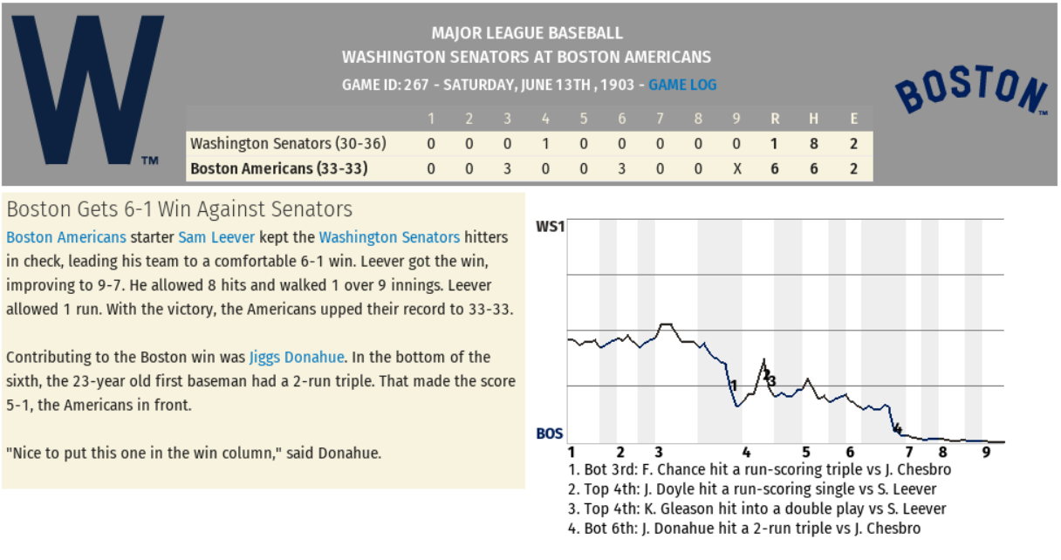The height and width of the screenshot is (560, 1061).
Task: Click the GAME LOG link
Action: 682,85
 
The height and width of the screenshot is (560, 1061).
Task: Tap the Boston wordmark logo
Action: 971,89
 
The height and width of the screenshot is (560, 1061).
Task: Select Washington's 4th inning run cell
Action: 545,144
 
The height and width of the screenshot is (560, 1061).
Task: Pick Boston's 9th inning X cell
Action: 737,168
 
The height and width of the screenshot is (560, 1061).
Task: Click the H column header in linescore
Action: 814,119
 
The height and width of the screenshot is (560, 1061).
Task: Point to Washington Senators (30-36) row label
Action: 288,144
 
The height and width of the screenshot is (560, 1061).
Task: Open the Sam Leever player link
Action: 216,237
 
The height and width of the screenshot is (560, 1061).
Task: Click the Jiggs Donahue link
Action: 297,357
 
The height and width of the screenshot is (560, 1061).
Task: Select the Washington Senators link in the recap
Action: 389,237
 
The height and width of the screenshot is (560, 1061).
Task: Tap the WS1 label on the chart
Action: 551,227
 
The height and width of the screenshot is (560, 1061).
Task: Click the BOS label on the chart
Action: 550,433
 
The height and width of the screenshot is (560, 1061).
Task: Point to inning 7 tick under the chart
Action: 908,452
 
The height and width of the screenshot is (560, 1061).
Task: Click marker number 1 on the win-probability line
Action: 734,386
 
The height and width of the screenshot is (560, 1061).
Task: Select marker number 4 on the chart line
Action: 896,428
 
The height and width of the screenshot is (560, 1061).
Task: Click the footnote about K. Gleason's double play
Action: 757,509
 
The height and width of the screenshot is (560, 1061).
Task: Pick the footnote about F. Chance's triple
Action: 759,469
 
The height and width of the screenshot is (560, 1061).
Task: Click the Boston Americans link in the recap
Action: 66,237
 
